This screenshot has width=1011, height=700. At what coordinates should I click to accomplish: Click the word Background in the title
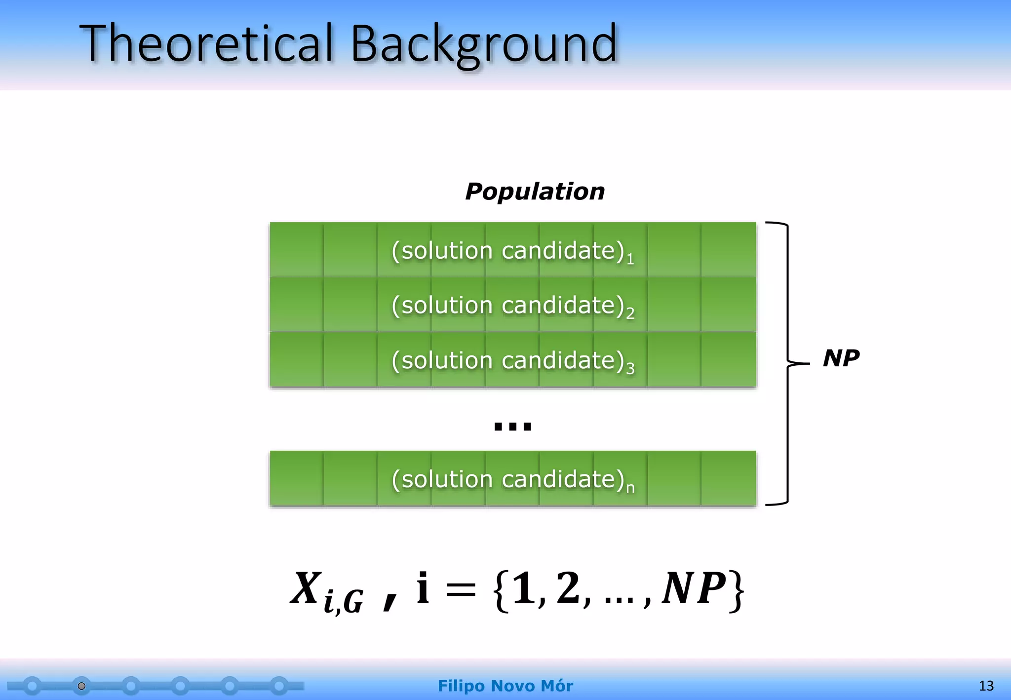click(x=484, y=44)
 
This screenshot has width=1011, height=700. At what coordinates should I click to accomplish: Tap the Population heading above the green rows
click(x=535, y=191)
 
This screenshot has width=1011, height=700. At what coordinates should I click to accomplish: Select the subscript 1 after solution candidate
click(x=630, y=259)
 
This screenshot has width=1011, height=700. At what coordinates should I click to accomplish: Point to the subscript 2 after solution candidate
click(x=630, y=313)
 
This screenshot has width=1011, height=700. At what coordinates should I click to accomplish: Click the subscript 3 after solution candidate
click(x=630, y=368)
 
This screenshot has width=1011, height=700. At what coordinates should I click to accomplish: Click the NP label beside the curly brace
click(x=841, y=357)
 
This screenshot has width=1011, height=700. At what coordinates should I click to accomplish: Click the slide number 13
click(x=986, y=686)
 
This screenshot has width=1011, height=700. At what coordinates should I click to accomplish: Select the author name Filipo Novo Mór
click(x=505, y=686)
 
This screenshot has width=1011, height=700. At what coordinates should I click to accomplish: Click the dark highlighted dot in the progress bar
click(x=82, y=686)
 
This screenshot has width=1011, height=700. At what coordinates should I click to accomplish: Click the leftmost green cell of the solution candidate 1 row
click(x=296, y=249)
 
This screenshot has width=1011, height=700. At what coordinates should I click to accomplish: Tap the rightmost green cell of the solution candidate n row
click(x=728, y=478)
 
